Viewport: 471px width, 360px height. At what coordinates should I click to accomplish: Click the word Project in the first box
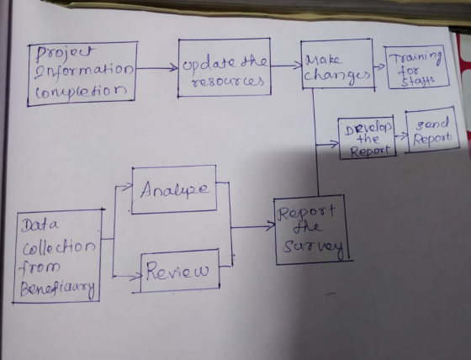[x=65, y=54]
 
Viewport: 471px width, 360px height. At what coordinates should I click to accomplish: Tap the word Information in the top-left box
[x=84, y=71]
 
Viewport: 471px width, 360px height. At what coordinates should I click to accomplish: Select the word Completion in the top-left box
[x=81, y=91]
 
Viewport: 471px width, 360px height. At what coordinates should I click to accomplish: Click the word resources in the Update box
[x=228, y=82]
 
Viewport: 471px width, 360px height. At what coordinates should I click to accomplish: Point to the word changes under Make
[x=336, y=75]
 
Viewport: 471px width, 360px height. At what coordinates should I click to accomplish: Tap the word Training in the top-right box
[x=416, y=58]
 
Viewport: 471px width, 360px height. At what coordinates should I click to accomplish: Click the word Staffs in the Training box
[x=417, y=82]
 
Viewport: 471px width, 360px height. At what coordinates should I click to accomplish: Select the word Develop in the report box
[x=368, y=129]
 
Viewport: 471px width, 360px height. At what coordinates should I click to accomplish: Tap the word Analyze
[x=174, y=189]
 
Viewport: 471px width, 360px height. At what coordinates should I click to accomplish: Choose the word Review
[x=177, y=271]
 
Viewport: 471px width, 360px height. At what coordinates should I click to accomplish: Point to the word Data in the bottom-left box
[x=40, y=225]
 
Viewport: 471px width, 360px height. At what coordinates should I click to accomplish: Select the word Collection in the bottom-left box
[x=59, y=247]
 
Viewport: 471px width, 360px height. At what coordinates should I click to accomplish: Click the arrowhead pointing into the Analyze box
[x=128, y=186]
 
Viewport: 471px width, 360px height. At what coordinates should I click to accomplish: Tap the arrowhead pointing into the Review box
[x=136, y=276]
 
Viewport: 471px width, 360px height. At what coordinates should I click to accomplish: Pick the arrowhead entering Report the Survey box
[x=271, y=226]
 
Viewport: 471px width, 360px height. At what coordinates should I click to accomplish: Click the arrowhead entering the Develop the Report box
[x=335, y=144]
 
